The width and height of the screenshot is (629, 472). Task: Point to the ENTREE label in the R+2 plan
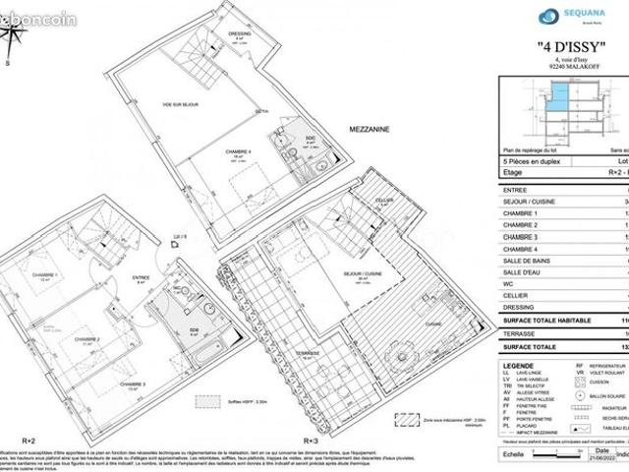point(142,278)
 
